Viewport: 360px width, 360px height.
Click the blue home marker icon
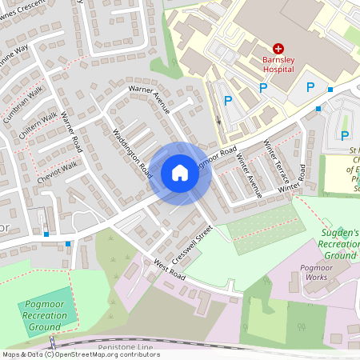(x=180, y=173)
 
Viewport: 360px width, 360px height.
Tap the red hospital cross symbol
(x=278, y=49)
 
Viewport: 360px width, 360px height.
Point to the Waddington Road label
(x=133, y=151)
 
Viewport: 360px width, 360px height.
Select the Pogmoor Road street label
(x=218, y=156)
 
